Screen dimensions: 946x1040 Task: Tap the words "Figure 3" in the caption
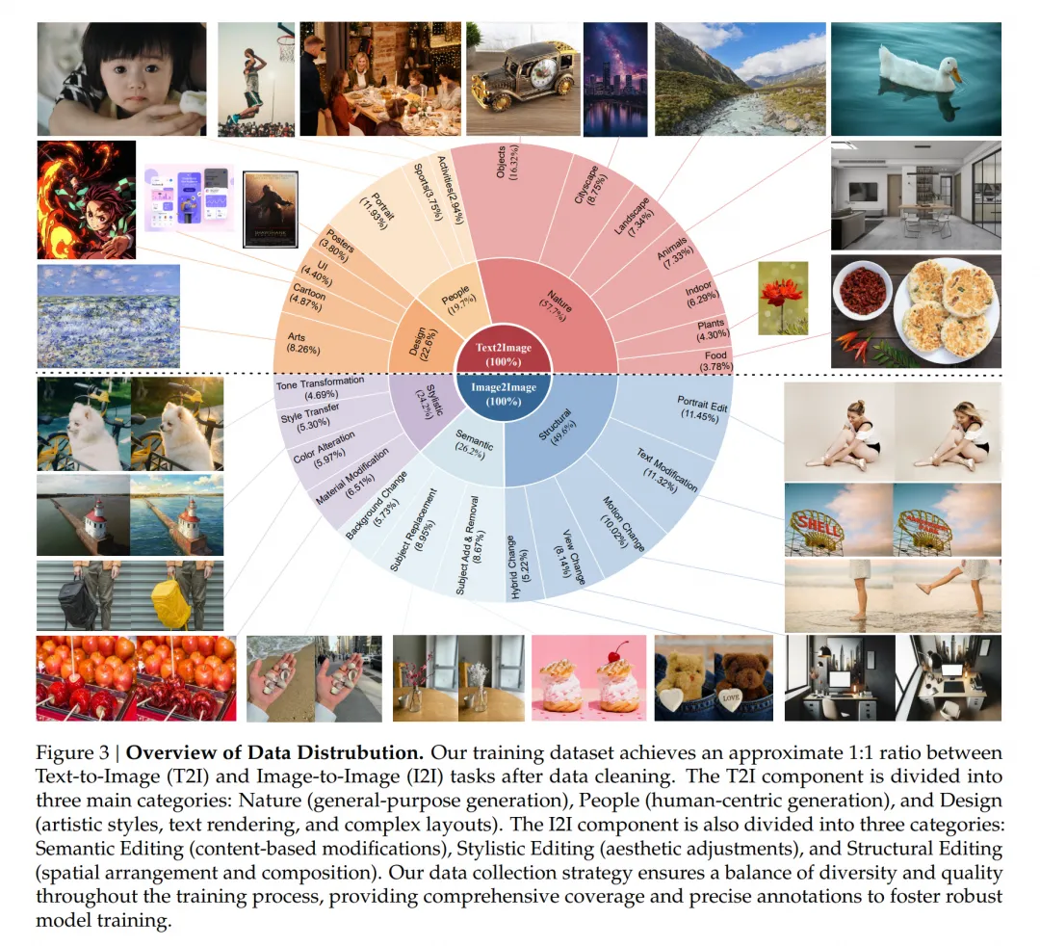tap(69, 751)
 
